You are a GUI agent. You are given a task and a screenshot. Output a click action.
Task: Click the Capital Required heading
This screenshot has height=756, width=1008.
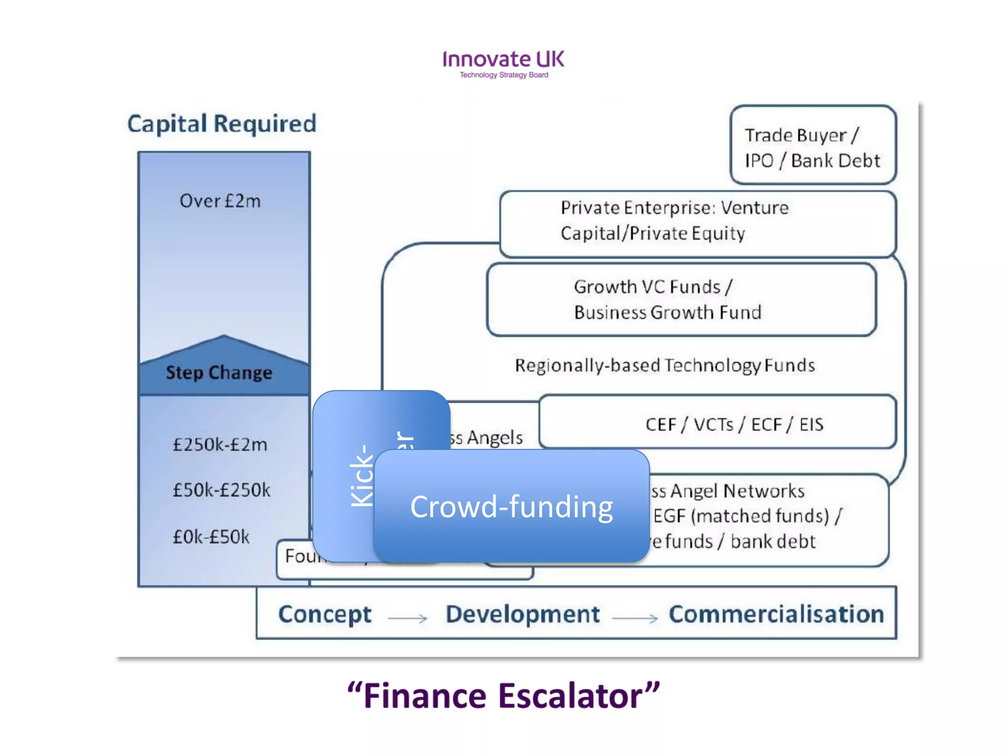pyautogui.click(x=221, y=124)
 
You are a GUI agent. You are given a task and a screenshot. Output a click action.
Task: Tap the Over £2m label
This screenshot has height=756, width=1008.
pyautogui.click(x=220, y=201)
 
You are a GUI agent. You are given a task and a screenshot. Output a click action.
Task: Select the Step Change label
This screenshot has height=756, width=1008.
pyautogui.click(x=219, y=373)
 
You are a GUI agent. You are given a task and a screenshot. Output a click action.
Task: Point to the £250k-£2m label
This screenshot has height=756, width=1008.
pyautogui.click(x=220, y=444)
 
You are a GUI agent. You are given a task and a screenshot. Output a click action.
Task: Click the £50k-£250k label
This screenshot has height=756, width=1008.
pyautogui.click(x=221, y=490)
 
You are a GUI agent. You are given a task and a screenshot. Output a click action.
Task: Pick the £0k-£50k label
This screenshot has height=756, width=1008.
pyautogui.click(x=211, y=536)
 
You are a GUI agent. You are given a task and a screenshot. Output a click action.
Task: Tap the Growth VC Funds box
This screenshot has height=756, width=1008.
pyautogui.click(x=681, y=299)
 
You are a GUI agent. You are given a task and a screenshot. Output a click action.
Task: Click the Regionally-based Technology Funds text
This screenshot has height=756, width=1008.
pyautogui.click(x=664, y=365)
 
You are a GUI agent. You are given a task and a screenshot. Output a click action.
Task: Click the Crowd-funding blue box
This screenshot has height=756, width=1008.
pyautogui.click(x=511, y=507)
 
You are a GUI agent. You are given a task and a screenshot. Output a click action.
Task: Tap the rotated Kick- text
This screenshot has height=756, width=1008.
pyautogui.click(x=362, y=476)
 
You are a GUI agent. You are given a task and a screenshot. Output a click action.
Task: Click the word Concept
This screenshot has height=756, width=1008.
pyautogui.click(x=325, y=614)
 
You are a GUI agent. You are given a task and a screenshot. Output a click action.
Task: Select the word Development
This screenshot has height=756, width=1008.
pyautogui.click(x=522, y=614)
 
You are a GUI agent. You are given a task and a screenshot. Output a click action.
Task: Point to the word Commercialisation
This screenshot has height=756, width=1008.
pyautogui.click(x=776, y=614)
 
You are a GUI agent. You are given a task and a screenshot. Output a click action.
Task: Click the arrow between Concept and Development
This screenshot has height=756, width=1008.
pyautogui.click(x=408, y=618)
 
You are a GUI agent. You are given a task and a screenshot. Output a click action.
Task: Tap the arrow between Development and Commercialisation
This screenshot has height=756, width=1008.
pyautogui.click(x=634, y=618)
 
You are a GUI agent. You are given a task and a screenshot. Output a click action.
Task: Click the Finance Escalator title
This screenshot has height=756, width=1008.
pyautogui.click(x=503, y=696)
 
